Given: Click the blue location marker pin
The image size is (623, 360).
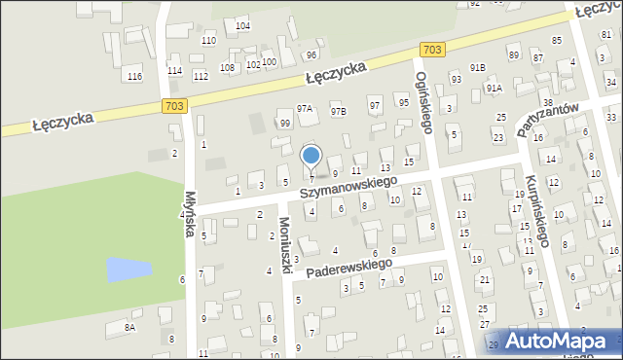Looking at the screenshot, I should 311,157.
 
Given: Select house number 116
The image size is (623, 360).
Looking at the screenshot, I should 134,76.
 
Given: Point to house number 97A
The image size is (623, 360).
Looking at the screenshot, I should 305,109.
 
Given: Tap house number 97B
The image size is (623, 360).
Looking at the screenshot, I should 338,112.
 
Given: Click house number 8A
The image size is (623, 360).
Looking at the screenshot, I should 129,329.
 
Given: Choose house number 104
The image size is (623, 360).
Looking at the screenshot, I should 242,25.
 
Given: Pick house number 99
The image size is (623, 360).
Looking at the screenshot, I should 284,124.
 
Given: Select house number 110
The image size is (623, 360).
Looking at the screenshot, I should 208,40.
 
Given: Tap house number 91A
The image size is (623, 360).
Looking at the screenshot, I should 494,88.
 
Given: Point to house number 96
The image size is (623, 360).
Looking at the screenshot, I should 311,54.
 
